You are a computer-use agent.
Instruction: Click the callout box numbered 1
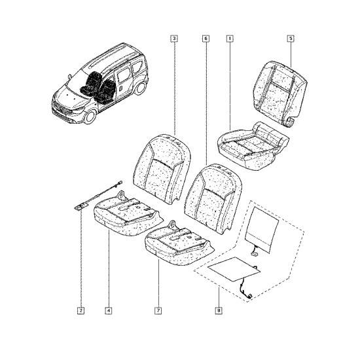point(230,39)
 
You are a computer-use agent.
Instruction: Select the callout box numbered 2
point(81,311)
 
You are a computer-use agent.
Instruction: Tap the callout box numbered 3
point(174,39)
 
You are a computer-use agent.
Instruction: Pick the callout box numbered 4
point(109,311)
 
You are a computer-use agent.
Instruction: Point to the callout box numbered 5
point(291,39)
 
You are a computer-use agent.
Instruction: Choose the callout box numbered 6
point(206,39)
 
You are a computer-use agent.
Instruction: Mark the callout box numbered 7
point(158,311)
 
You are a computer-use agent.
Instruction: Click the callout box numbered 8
point(219,311)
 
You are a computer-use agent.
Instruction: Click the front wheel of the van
point(90,117)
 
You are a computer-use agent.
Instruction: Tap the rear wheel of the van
point(140,88)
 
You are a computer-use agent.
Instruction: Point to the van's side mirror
point(69,76)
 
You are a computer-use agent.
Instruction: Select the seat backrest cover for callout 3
point(162,169)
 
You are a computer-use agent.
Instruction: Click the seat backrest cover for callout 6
point(213,198)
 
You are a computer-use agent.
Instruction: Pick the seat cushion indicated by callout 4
point(128,215)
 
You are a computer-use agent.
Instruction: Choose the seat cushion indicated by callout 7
point(179,244)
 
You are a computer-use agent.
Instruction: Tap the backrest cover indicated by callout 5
point(280,93)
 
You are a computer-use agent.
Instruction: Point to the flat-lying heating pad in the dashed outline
point(234,269)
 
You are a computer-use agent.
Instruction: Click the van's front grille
point(62,109)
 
